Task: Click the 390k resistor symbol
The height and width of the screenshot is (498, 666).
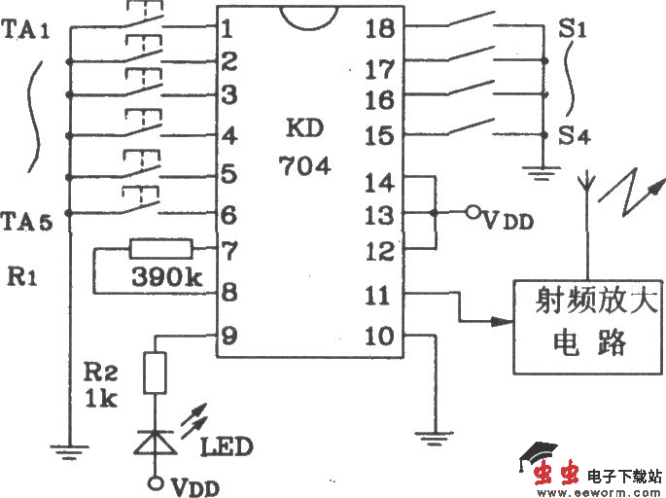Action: pyautogui.click(x=161, y=250)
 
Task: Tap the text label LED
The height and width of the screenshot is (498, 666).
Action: pyautogui.click(x=226, y=447)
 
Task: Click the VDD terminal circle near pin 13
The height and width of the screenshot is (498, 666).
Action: pyautogui.click(x=472, y=213)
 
